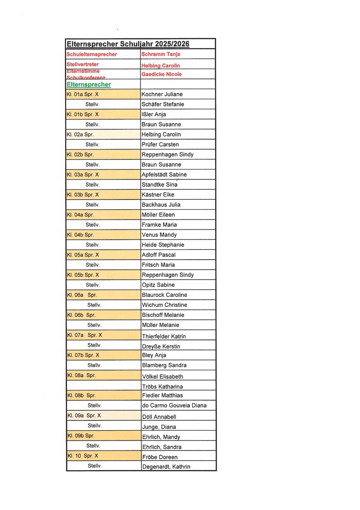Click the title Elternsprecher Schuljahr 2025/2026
pyautogui.click(x=128, y=44)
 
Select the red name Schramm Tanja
pyautogui.click(x=161, y=54)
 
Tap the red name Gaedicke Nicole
pyautogui.click(x=161, y=74)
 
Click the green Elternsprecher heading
pyautogui.click(x=89, y=85)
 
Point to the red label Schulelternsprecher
pyautogui.click(x=92, y=54)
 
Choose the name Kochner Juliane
pyautogui.click(x=162, y=94)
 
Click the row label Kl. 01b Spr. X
pyautogui.click(x=83, y=114)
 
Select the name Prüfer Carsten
pyautogui.click(x=160, y=144)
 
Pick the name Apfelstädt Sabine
pyautogui.click(x=164, y=175)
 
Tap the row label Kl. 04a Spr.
pyautogui.click(x=80, y=215)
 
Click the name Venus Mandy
pyautogui.click(x=159, y=235)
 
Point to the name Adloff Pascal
pyautogui.click(x=159, y=255)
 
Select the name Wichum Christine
pyautogui.click(x=164, y=305)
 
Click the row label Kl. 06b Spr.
pyautogui.click(x=81, y=315)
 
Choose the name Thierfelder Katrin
pyautogui.click(x=164, y=336)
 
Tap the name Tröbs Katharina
pyautogui.click(x=162, y=387)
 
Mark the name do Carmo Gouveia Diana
pyautogui.click(x=174, y=406)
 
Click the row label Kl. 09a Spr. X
pyautogui.click(x=84, y=416)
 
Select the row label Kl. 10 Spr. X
pyautogui.click(x=83, y=456)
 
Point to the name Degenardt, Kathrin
pyautogui.click(x=166, y=467)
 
